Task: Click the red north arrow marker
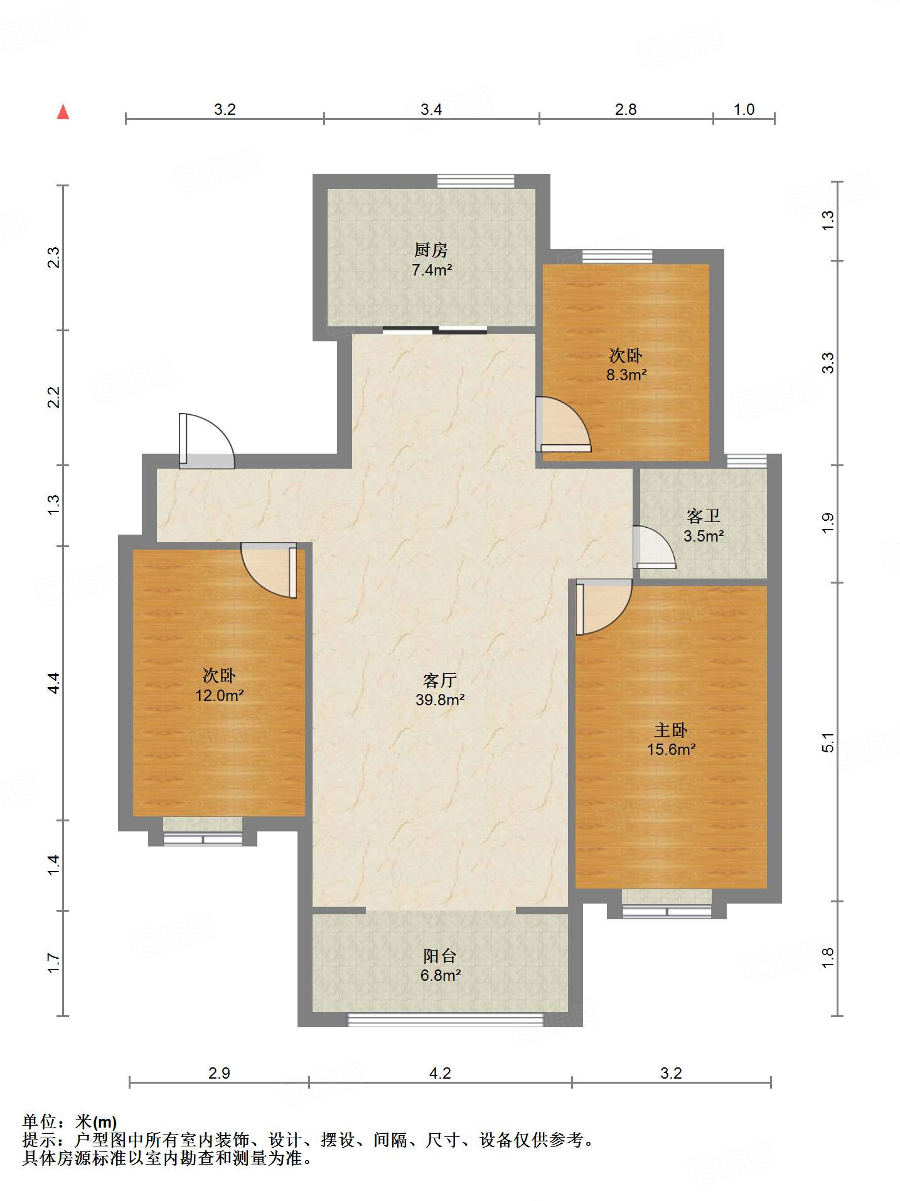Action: pyautogui.click(x=63, y=112)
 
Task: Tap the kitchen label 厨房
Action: pyautogui.click(x=431, y=250)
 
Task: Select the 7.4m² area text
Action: pyautogui.click(x=432, y=270)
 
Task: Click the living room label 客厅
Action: pyautogui.click(x=439, y=680)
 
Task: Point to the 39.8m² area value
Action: pyautogui.click(x=439, y=700)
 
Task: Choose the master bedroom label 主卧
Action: pyautogui.click(x=671, y=730)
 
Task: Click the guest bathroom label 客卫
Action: pyautogui.click(x=703, y=516)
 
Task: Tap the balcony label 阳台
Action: pyautogui.click(x=439, y=956)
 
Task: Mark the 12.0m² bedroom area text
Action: pyautogui.click(x=219, y=695)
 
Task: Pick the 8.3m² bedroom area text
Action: pyautogui.click(x=626, y=375)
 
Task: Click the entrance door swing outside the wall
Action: pyautogui.click(x=206, y=440)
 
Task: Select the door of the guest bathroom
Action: pyautogui.click(x=654, y=547)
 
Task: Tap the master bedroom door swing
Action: pyautogui.click(x=604, y=607)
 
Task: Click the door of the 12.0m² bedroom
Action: pyautogui.click(x=269, y=570)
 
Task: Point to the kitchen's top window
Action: pyautogui.click(x=476, y=181)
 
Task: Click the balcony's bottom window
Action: pyautogui.click(x=445, y=1020)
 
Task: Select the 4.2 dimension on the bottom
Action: pyautogui.click(x=440, y=1073)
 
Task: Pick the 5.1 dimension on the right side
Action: pyautogui.click(x=828, y=742)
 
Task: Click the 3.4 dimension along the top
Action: pyautogui.click(x=431, y=109)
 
